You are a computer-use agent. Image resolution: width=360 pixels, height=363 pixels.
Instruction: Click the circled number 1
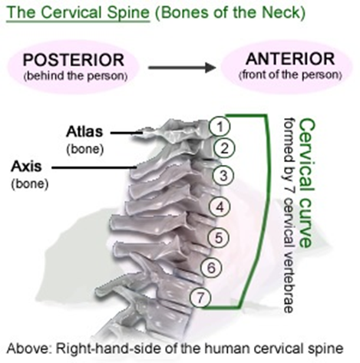pyautogui.click(x=220, y=127)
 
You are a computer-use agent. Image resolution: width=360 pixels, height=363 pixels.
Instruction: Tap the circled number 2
pyautogui.click(x=224, y=148)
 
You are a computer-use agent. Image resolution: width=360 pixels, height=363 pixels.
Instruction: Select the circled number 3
pyautogui.click(x=223, y=176)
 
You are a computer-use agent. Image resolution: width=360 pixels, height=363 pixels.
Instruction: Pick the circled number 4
pyautogui.click(x=220, y=206)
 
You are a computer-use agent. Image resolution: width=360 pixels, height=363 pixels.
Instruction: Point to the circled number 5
pyautogui.click(x=218, y=238)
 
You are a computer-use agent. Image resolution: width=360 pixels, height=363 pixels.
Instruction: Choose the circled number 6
pyautogui.click(x=211, y=268)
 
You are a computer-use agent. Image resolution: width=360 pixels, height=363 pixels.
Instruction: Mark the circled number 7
pyautogui.click(x=200, y=297)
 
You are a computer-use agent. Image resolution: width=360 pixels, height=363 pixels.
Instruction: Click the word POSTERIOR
pyautogui.click(x=74, y=60)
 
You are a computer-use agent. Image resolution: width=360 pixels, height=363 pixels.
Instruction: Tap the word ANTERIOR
pyautogui.click(x=290, y=59)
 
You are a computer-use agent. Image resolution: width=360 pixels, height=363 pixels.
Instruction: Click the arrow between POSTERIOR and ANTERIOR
pyautogui.click(x=182, y=68)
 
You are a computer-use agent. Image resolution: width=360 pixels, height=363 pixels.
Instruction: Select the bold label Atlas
pyautogui.click(x=84, y=132)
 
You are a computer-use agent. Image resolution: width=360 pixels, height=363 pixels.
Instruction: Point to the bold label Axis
pyautogui.click(x=26, y=167)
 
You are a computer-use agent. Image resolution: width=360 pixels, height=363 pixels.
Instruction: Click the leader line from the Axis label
pyautogui.click(x=94, y=168)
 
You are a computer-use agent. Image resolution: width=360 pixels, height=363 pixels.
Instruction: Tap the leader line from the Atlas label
pyautogui.click(x=127, y=133)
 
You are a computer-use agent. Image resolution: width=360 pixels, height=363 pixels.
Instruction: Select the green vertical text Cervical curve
pyautogui.click(x=306, y=183)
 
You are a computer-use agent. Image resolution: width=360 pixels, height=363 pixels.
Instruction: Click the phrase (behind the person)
pyautogui.click(x=75, y=77)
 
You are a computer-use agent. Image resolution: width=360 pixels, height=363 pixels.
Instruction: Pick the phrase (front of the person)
pyautogui.click(x=290, y=75)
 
